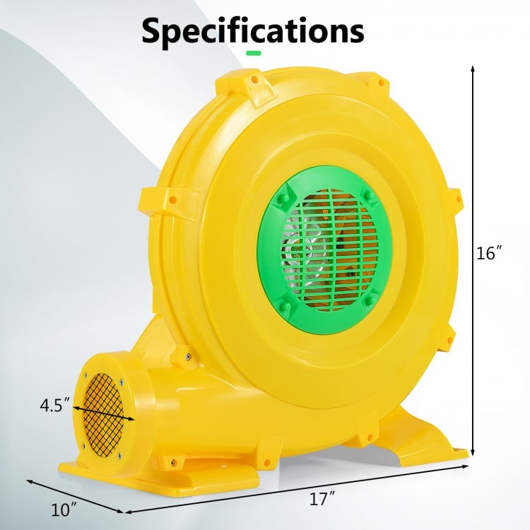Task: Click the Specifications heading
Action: pos(253,32)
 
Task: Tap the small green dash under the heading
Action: pos(254,53)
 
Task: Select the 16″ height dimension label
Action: pos(489,252)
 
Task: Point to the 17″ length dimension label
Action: pos(322,499)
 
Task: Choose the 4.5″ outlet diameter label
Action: pos(55,406)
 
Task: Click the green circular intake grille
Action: pos(325,243)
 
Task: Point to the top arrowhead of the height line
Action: pos(473,69)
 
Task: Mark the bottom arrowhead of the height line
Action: pos(473,452)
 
